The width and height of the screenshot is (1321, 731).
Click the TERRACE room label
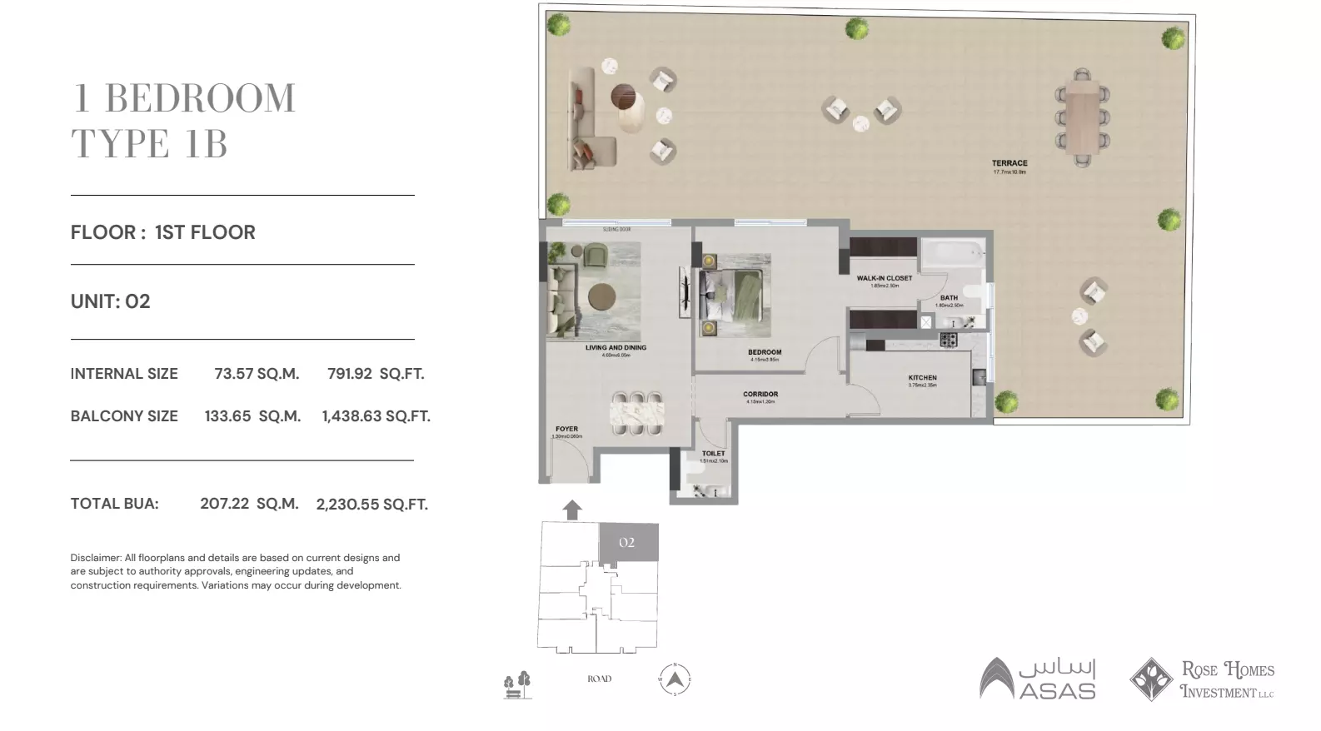pyautogui.click(x=1009, y=163)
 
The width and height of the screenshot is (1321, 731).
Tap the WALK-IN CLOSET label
pyautogui.click(x=885, y=278)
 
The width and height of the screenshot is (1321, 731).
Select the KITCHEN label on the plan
pyautogui.click(x=923, y=378)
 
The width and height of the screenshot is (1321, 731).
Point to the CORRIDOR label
pyautogui.click(x=760, y=395)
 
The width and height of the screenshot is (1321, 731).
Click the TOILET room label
pyautogui.click(x=714, y=454)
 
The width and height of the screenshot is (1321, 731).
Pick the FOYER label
pyautogui.click(x=566, y=430)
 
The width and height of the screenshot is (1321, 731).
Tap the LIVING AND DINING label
pyautogui.click(x=616, y=348)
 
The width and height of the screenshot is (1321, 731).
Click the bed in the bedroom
pyautogui.click(x=734, y=295)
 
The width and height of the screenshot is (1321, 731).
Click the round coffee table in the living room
pyautogui.click(x=601, y=296)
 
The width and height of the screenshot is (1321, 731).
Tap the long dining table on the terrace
pyautogui.click(x=1082, y=117)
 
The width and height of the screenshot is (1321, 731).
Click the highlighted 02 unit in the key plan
pyautogui.click(x=628, y=543)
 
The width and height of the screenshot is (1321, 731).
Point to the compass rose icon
pyautogui.click(x=675, y=679)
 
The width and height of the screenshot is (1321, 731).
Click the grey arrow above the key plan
pyautogui.click(x=572, y=510)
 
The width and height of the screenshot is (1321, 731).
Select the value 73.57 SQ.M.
pyautogui.click(x=257, y=374)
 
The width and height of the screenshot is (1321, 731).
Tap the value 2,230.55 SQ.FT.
pyautogui.click(x=372, y=504)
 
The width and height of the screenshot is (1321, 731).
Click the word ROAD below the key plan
pyautogui.click(x=599, y=679)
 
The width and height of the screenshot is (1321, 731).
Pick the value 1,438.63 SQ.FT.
pyautogui.click(x=376, y=416)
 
